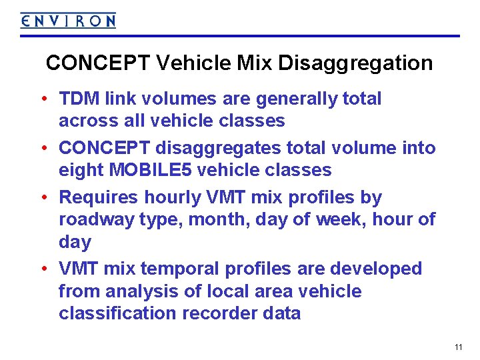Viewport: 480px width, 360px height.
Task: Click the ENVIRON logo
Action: (x=68, y=21)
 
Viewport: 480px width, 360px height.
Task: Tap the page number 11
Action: (x=458, y=347)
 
